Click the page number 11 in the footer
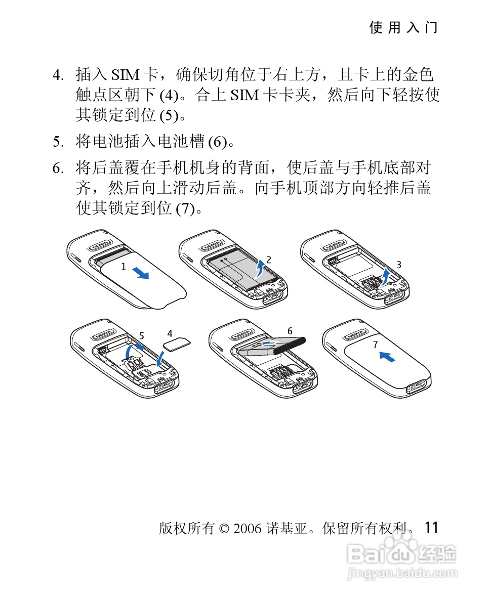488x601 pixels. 431,528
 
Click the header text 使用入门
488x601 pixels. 403,27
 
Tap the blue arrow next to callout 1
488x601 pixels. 140,273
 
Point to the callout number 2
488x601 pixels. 269,260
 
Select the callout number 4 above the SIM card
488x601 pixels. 170,333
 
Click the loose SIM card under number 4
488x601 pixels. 177,344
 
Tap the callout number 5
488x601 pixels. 142,336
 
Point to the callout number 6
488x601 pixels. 290,331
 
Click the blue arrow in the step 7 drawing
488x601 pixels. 387,357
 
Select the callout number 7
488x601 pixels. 376,345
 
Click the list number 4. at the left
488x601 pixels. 58,75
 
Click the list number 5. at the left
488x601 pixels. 58,142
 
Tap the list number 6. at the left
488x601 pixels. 58,168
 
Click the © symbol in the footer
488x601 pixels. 224,529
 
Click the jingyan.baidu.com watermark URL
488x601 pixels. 402,574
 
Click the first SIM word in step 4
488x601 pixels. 125,75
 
